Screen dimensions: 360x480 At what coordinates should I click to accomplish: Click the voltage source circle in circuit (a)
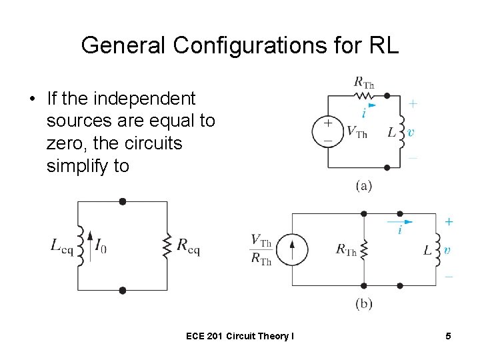coord(327,130)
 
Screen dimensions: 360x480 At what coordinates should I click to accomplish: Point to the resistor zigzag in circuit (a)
coord(363,95)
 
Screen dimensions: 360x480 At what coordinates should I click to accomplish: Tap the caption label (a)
coord(363,185)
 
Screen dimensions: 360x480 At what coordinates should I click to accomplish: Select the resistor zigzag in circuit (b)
coord(364,250)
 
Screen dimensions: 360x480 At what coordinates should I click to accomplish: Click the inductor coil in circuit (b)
coord(437,249)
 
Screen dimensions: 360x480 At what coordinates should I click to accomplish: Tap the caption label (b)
coord(363,304)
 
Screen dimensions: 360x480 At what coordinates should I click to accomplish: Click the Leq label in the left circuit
coord(62,246)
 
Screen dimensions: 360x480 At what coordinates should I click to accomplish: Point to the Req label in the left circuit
coord(188,246)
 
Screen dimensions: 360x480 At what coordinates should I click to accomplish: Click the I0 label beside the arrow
coord(100,246)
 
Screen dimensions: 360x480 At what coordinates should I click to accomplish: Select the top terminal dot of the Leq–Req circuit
coord(122,201)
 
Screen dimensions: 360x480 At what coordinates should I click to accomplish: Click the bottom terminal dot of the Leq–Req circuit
coord(122,290)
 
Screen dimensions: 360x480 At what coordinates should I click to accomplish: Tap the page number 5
coord(449,336)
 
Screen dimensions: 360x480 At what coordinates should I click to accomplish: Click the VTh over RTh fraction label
coord(261,249)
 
